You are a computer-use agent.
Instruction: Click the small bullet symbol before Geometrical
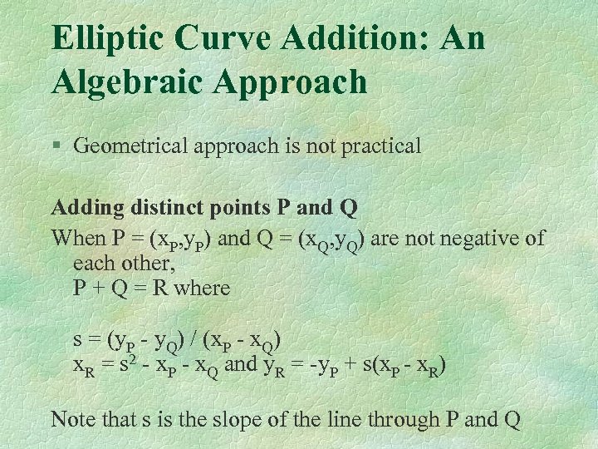(x=56, y=147)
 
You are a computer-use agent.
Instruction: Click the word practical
(x=379, y=146)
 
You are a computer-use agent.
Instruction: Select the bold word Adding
(x=84, y=208)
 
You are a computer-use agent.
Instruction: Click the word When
(x=77, y=239)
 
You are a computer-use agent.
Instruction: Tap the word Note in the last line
(x=72, y=418)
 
